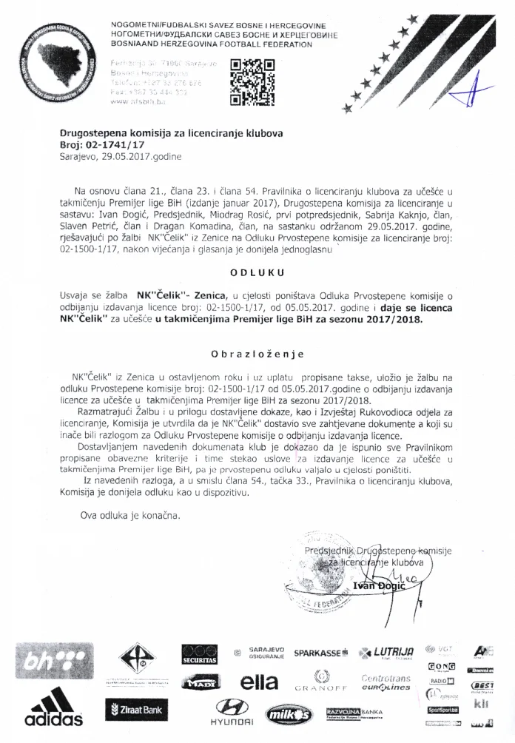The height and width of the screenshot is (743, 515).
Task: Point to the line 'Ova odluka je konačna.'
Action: (x=130, y=514)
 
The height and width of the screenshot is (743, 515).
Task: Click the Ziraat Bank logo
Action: (x=136, y=710)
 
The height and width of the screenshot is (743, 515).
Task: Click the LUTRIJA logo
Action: (x=386, y=653)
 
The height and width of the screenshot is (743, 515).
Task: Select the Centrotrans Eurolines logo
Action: (x=385, y=682)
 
